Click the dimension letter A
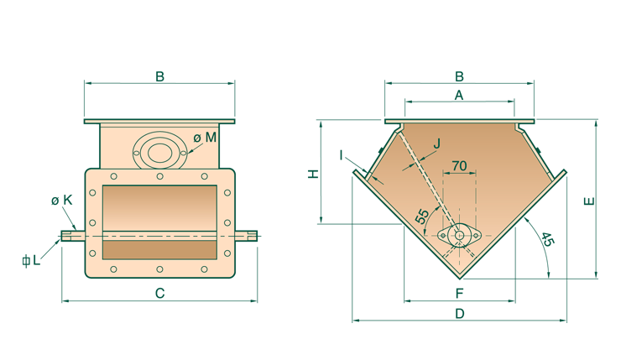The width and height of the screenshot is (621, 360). point(458,96)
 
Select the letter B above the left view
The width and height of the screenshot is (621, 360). point(159,77)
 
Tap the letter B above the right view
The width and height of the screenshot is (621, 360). point(458,76)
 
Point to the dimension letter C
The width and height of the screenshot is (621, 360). point(159,293)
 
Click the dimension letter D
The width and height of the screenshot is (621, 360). point(459,313)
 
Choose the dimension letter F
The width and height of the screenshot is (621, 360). point(459,293)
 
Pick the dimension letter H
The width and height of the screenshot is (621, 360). point(311,174)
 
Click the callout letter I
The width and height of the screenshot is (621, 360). point(342,154)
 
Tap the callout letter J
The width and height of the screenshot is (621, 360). point(436,144)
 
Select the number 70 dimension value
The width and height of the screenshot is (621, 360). point(459,166)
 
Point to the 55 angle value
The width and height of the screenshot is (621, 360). point(423,217)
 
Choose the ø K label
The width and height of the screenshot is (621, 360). point(60,200)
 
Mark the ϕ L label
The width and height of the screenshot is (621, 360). point(31,260)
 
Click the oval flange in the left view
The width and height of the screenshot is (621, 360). point(158,152)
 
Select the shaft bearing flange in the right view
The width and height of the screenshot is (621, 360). point(461,236)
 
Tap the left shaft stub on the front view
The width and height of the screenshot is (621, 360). point(72,235)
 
